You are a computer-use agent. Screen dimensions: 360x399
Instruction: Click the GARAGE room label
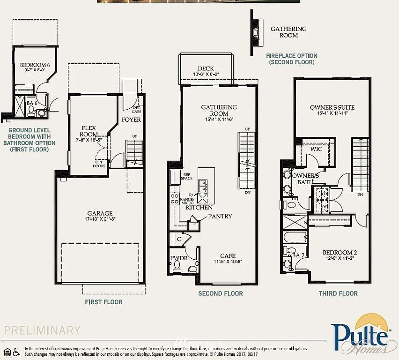click(x=100, y=214)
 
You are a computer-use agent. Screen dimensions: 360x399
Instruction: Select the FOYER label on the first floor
click(x=131, y=120)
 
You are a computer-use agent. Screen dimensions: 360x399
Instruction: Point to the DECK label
click(x=206, y=68)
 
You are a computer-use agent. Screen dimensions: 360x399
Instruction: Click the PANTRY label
click(x=220, y=217)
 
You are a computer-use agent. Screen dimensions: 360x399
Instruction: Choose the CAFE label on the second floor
click(x=228, y=256)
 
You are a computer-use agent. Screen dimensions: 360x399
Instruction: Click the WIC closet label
click(x=316, y=149)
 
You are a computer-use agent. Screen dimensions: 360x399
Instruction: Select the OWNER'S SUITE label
click(x=332, y=107)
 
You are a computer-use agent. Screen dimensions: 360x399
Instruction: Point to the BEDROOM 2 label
click(x=340, y=253)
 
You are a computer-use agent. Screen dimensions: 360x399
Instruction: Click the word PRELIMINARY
click(x=42, y=330)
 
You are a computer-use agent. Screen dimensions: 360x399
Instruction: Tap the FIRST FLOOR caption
click(x=103, y=302)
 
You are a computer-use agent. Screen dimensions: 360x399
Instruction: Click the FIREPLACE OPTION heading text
click(x=292, y=56)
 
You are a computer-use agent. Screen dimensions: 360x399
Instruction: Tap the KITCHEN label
click(x=199, y=207)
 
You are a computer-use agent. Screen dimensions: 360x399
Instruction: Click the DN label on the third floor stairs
click(x=360, y=195)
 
